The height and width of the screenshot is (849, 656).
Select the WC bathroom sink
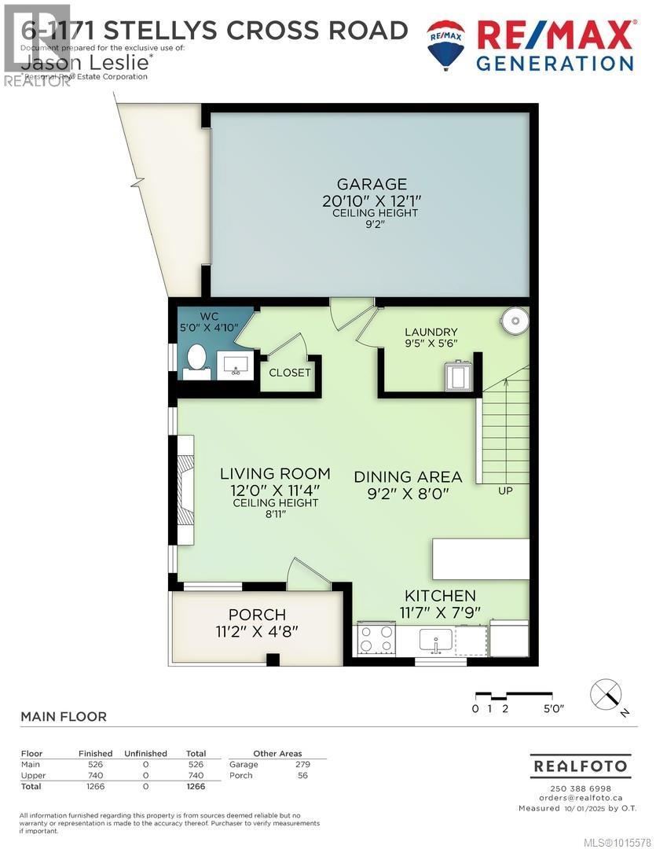point(233,365)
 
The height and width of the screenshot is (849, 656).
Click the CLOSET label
point(290,373)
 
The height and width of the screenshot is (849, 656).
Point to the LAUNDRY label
point(431,332)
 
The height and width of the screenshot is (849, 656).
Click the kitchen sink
point(434,639)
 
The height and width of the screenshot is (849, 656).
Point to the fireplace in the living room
point(186,498)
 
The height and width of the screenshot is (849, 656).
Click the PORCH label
point(257,615)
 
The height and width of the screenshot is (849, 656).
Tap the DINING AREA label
point(407,476)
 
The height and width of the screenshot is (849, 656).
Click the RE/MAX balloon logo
point(445,42)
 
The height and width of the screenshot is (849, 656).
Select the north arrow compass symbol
point(607,694)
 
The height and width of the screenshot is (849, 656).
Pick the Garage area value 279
point(302,764)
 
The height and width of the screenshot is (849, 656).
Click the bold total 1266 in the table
point(195,786)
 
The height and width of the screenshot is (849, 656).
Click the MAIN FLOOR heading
point(64,716)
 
